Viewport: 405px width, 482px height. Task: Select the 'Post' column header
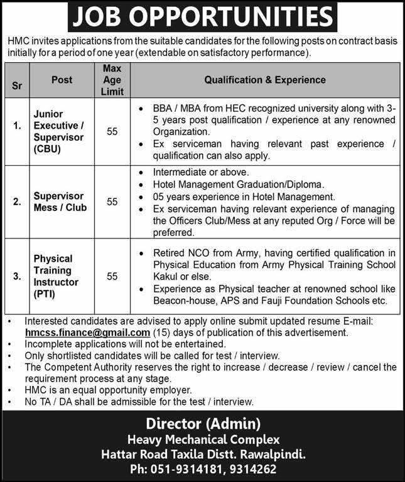coord(62,80)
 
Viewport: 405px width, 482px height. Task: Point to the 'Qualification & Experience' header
coord(264,80)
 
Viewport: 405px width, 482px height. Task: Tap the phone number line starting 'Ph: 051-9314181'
coord(202,469)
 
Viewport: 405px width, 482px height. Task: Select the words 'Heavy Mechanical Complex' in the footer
coord(202,439)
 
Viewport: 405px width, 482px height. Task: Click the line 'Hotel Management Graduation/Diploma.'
coord(238,185)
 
